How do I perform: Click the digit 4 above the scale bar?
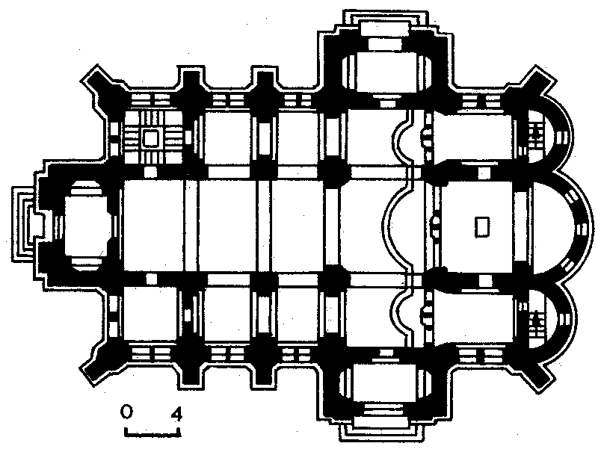tap(176, 413)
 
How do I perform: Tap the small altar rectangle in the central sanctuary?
tap(482, 226)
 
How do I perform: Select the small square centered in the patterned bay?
tap(150, 138)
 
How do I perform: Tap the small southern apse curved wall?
tap(570, 319)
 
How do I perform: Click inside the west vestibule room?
tap(87, 225)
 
